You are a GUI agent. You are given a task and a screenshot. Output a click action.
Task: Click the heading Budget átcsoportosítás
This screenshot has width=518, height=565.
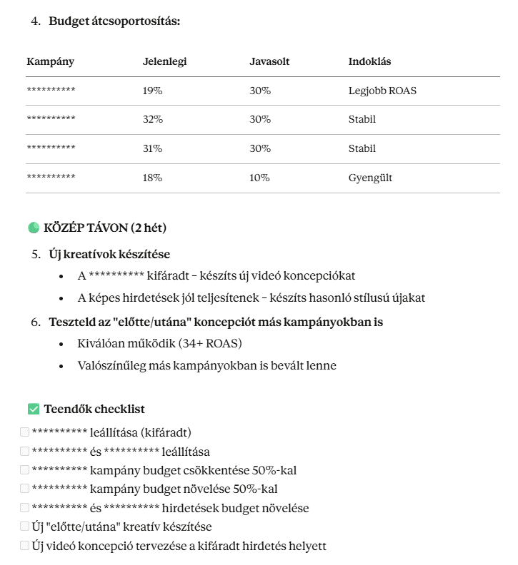click(114, 21)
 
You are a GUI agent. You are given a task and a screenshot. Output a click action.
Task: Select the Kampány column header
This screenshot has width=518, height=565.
click(50, 62)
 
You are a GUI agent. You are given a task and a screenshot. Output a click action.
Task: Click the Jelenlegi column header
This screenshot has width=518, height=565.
click(164, 62)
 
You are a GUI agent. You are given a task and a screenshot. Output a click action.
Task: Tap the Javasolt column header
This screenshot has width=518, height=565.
click(269, 62)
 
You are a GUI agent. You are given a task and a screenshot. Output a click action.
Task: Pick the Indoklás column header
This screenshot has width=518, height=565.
click(369, 62)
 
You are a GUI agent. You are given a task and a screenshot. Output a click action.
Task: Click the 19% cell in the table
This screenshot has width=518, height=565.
click(152, 91)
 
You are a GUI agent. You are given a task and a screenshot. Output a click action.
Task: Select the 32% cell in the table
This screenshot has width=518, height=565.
click(153, 120)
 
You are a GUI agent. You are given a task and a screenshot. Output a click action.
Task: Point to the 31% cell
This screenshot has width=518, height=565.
click(152, 149)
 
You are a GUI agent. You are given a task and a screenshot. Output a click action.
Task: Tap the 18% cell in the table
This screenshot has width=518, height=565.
click(152, 178)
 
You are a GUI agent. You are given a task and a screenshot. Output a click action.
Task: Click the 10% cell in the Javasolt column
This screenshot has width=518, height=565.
click(259, 178)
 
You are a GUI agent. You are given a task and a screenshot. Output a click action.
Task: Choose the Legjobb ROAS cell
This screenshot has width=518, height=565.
click(382, 91)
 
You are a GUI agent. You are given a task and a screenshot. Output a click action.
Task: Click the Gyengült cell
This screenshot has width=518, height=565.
click(370, 178)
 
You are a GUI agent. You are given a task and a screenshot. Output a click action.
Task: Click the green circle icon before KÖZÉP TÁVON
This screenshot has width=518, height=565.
click(33, 228)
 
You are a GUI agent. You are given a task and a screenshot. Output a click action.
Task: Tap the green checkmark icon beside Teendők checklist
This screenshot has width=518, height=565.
click(33, 409)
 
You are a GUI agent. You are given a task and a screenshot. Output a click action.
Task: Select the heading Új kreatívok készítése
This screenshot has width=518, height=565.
click(109, 255)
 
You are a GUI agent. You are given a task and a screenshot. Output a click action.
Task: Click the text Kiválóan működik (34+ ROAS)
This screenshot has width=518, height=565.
click(159, 344)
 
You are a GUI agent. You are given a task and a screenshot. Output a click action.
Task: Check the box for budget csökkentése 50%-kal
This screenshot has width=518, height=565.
click(25, 470)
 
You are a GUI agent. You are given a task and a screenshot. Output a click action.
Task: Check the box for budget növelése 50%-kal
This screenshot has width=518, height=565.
click(25, 489)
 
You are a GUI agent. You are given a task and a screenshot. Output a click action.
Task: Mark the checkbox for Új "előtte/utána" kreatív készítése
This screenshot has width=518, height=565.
click(25, 526)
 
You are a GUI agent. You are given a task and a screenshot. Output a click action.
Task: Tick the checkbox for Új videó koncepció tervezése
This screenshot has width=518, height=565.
click(25, 546)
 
